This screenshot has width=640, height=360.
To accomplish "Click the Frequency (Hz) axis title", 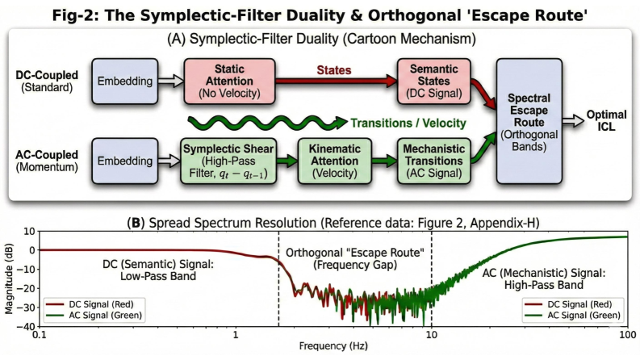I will (x=333, y=349).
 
